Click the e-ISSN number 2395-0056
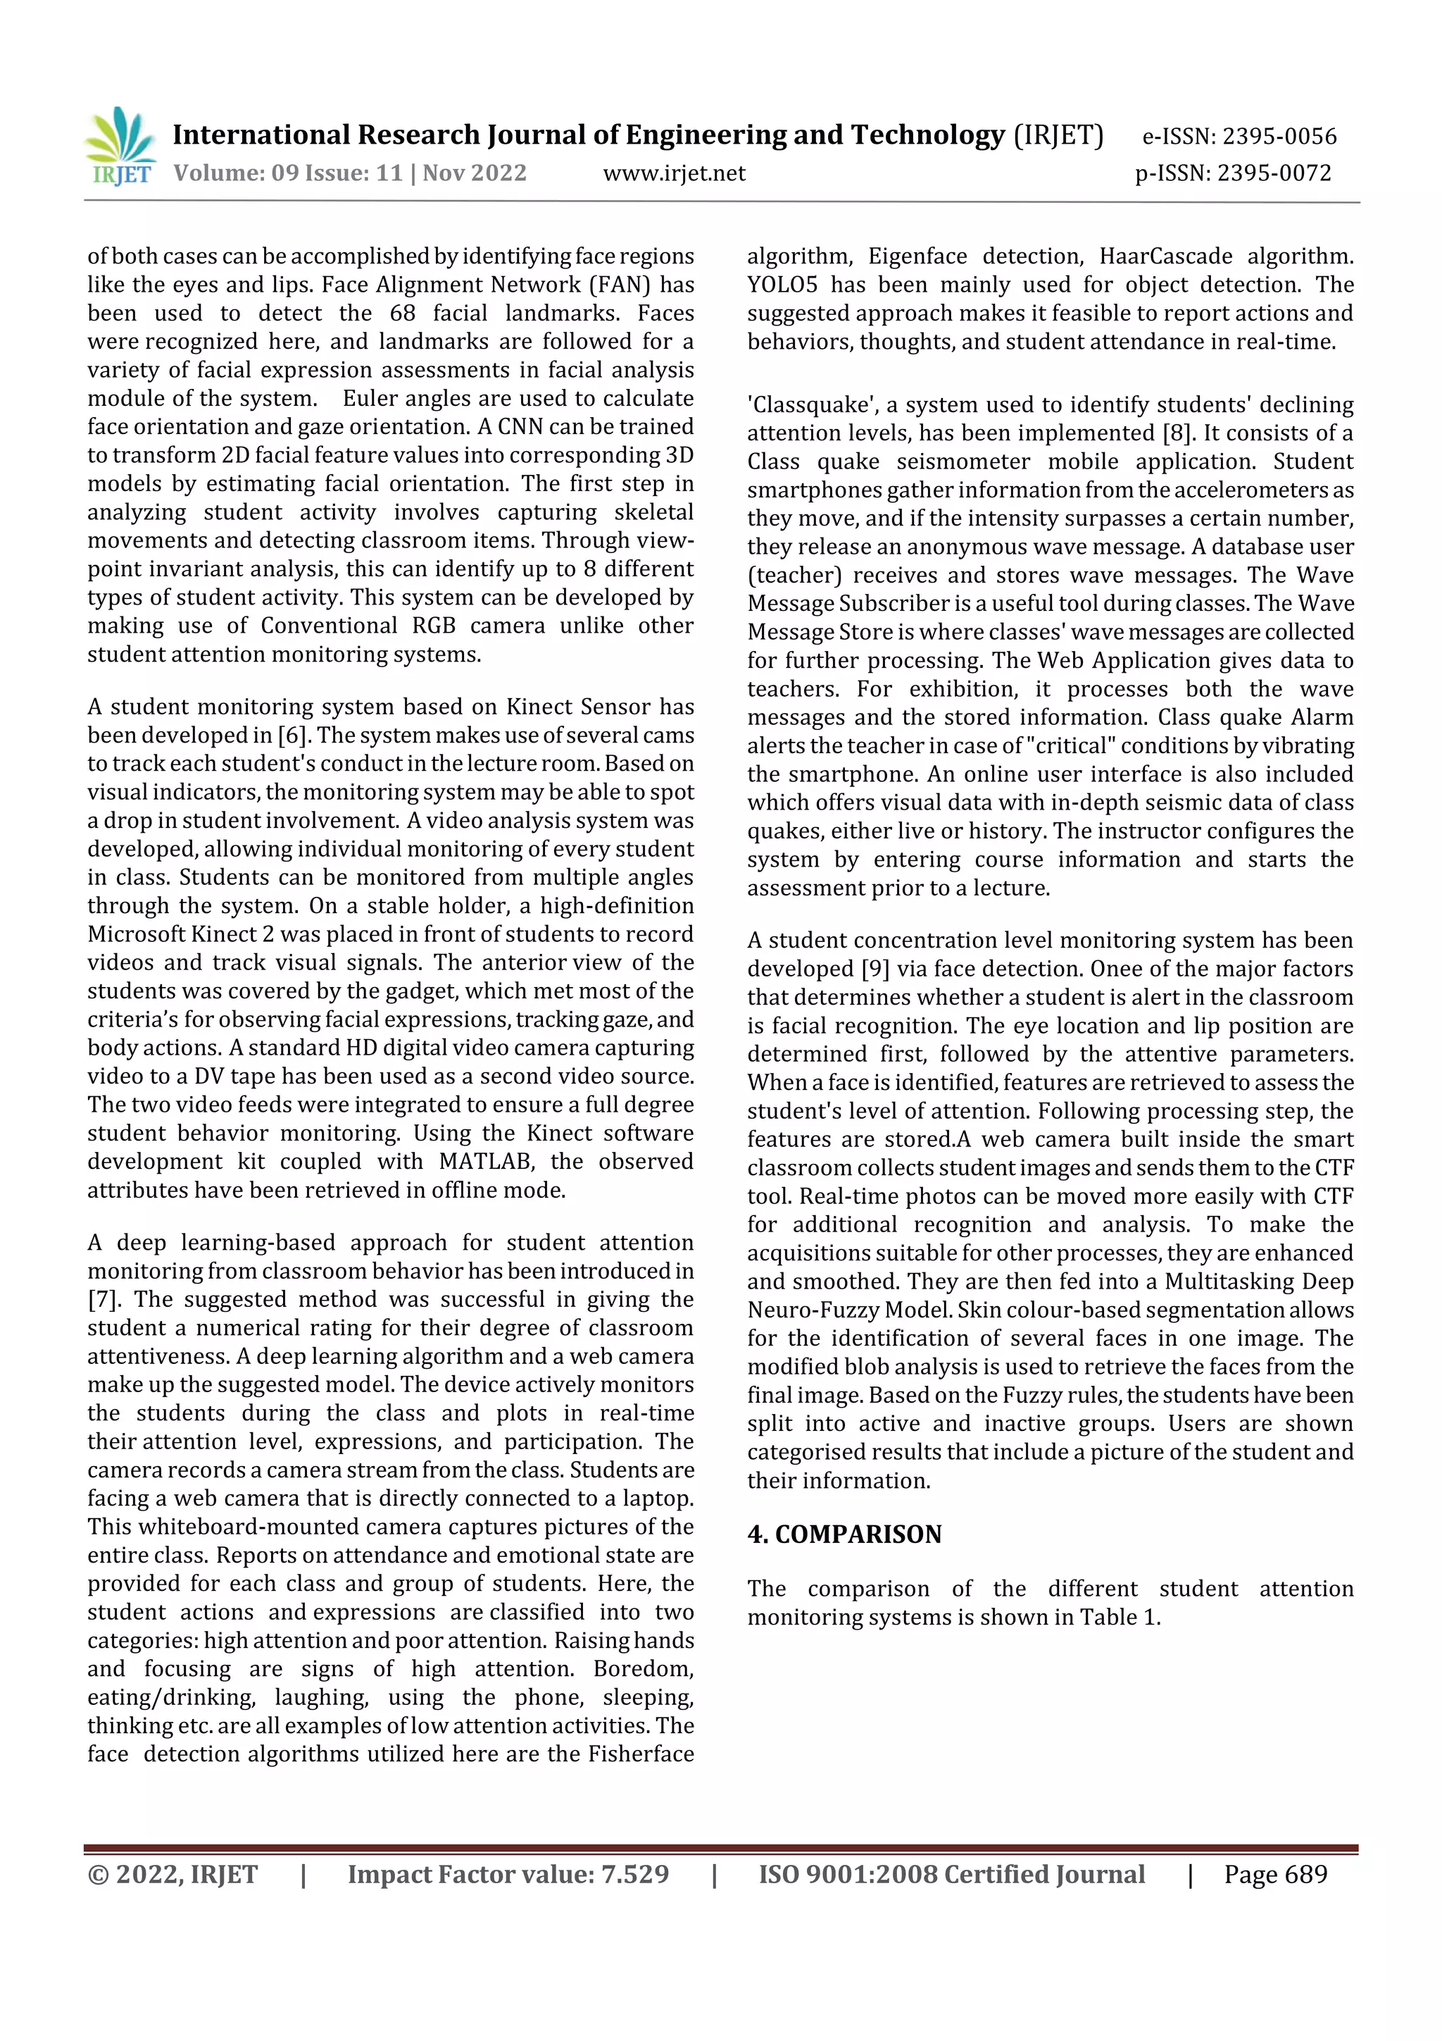(1279, 137)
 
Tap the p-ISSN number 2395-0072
(1273, 173)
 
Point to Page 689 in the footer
(1275, 1875)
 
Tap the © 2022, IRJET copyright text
(173, 1875)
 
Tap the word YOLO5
(782, 285)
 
